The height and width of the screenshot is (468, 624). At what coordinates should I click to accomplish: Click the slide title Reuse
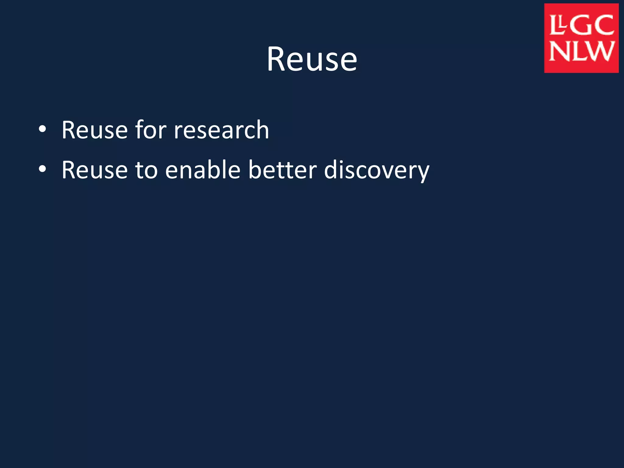click(312, 59)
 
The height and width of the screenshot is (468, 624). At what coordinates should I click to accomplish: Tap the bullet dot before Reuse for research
click(42, 129)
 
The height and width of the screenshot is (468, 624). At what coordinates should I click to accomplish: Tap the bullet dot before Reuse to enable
click(42, 169)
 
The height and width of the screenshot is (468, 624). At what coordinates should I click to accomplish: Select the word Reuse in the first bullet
click(94, 130)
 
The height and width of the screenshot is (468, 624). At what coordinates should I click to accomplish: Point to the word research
click(221, 130)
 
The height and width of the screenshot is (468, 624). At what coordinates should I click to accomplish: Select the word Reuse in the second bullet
click(94, 170)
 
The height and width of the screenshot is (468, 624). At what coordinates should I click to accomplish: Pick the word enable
click(203, 170)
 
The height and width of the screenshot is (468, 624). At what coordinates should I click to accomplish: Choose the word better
click(282, 170)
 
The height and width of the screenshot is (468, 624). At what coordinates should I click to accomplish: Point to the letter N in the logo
click(559, 51)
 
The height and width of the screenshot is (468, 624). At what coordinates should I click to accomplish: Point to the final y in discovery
click(422, 173)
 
